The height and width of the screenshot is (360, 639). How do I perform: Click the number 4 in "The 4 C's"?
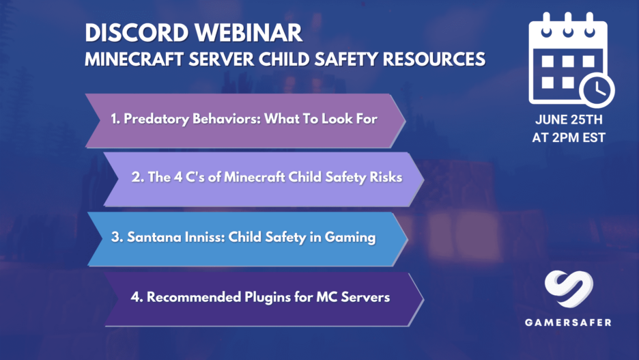click(x=178, y=177)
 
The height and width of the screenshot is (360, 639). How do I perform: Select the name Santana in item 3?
click(x=154, y=237)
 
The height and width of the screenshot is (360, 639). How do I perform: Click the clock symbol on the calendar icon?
click(x=597, y=89)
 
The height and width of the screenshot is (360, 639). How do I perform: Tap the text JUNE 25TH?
click(x=569, y=120)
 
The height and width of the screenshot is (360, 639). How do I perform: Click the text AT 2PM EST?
click(x=569, y=138)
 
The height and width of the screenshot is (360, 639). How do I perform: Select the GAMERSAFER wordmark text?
click(x=568, y=322)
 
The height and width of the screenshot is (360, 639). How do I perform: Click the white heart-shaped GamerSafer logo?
click(x=569, y=289)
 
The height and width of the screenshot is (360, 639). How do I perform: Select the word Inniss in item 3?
click(x=205, y=237)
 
